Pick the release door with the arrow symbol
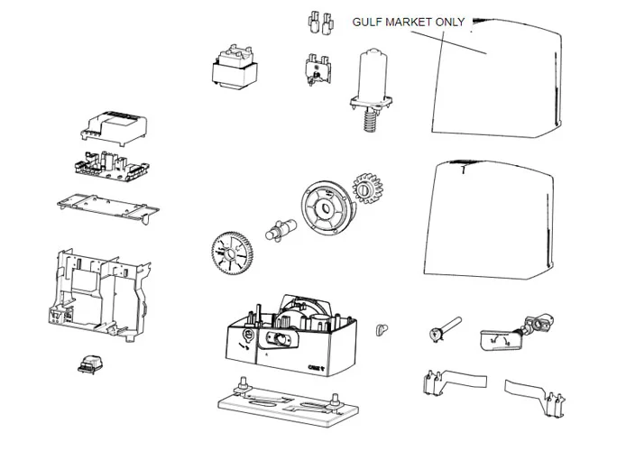pos(496,338)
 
